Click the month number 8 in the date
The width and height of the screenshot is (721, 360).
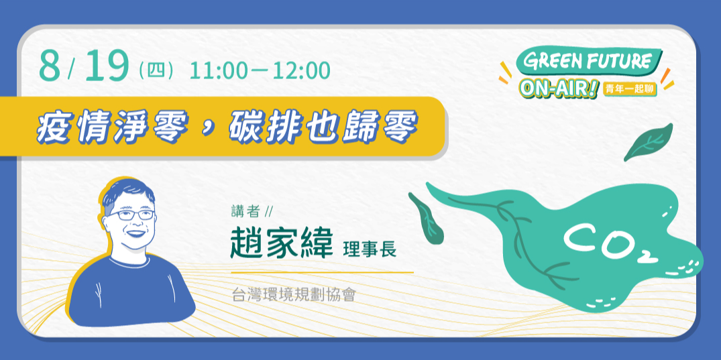52,67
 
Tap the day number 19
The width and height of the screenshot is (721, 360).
106,67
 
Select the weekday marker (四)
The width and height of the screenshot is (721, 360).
156,70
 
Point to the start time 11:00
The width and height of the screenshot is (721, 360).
219,70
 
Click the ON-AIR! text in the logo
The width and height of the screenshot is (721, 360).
559,89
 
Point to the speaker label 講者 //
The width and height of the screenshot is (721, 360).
251,212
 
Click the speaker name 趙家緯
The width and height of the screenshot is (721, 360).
280,242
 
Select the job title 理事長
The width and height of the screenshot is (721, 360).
370,249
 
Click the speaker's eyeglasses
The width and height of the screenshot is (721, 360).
131,215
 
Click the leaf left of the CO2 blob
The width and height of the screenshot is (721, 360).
427,217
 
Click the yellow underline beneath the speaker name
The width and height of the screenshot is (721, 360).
322,273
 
